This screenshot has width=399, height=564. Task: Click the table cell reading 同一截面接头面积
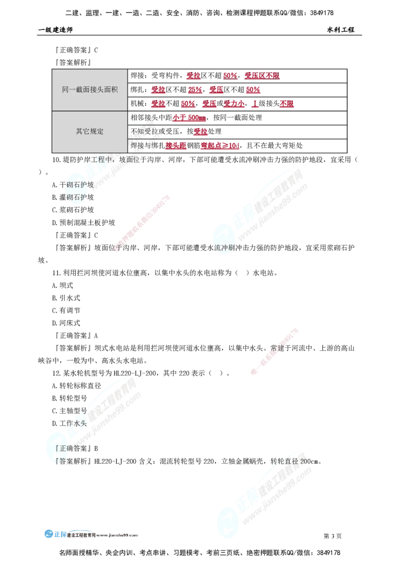(90, 90)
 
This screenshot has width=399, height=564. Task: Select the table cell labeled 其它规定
(90, 132)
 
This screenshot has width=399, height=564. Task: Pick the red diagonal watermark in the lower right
(274, 351)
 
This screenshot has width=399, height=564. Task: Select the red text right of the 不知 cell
(200, 132)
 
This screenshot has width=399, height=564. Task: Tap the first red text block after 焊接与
(176, 146)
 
